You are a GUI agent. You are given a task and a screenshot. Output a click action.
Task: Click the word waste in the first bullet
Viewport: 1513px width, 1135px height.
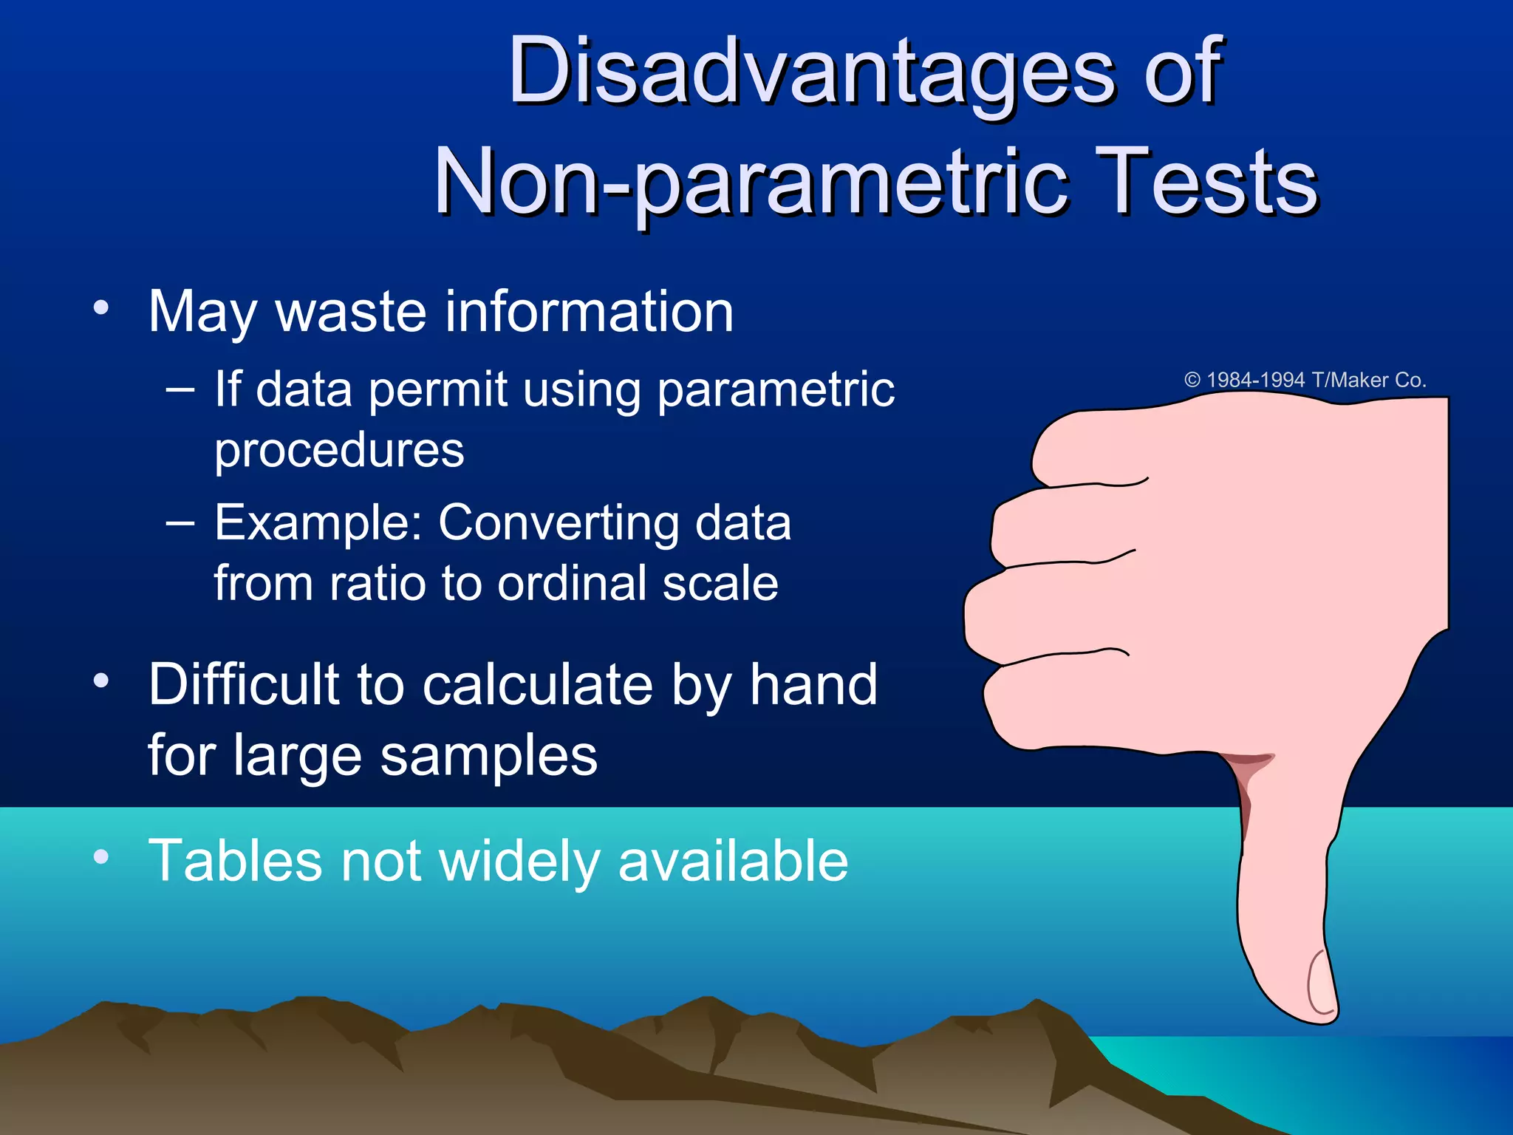point(351,313)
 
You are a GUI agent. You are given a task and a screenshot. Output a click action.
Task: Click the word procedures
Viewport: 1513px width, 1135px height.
point(339,450)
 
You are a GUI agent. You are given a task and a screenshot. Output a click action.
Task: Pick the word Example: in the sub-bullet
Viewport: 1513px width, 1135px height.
point(317,523)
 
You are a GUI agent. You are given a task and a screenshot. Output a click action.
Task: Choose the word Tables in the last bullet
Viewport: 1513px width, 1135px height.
point(235,861)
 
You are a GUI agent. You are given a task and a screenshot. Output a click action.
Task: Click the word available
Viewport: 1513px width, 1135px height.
point(733,861)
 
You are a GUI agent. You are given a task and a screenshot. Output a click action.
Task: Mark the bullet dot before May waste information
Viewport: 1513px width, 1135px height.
point(101,307)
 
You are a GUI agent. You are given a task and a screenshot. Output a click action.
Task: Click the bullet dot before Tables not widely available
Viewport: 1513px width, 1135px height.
point(101,856)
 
